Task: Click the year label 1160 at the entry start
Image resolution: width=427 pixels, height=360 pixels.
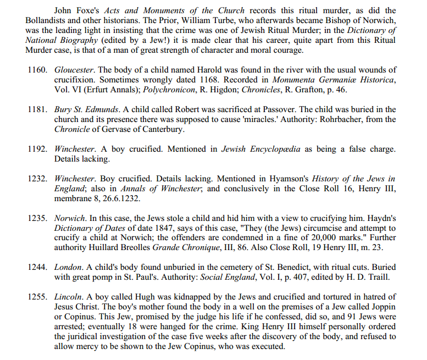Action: tap(38, 70)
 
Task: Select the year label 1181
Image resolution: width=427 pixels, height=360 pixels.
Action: tap(38, 110)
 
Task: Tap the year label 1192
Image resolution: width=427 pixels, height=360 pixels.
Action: tap(38, 149)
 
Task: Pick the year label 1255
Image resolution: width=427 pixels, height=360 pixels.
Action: tap(38, 297)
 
